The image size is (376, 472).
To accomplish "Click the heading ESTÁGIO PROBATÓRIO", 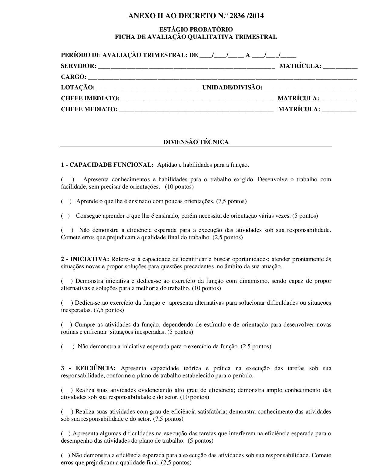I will click(x=196, y=29).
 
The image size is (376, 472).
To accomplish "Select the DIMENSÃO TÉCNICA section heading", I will click(x=196, y=142).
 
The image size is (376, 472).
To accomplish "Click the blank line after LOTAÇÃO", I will click(x=148, y=88).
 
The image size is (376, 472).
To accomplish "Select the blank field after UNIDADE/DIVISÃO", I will click(x=310, y=88).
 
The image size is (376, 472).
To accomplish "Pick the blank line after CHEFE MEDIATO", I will click(x=196, y=110).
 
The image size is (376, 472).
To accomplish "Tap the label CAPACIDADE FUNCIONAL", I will click(x=111, y=165).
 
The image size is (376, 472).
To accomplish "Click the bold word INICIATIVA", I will click(x=89, y=259).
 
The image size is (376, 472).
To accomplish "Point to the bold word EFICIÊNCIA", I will click(x=96, y=368).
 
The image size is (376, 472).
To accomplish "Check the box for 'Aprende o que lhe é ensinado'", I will click(x=66, y=201).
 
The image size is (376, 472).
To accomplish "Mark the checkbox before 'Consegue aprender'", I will click(x=65, y=216).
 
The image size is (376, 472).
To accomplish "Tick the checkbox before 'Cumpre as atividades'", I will click(x=66, y=325).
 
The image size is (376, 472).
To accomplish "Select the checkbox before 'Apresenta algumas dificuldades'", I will click(x=65, y=434).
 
